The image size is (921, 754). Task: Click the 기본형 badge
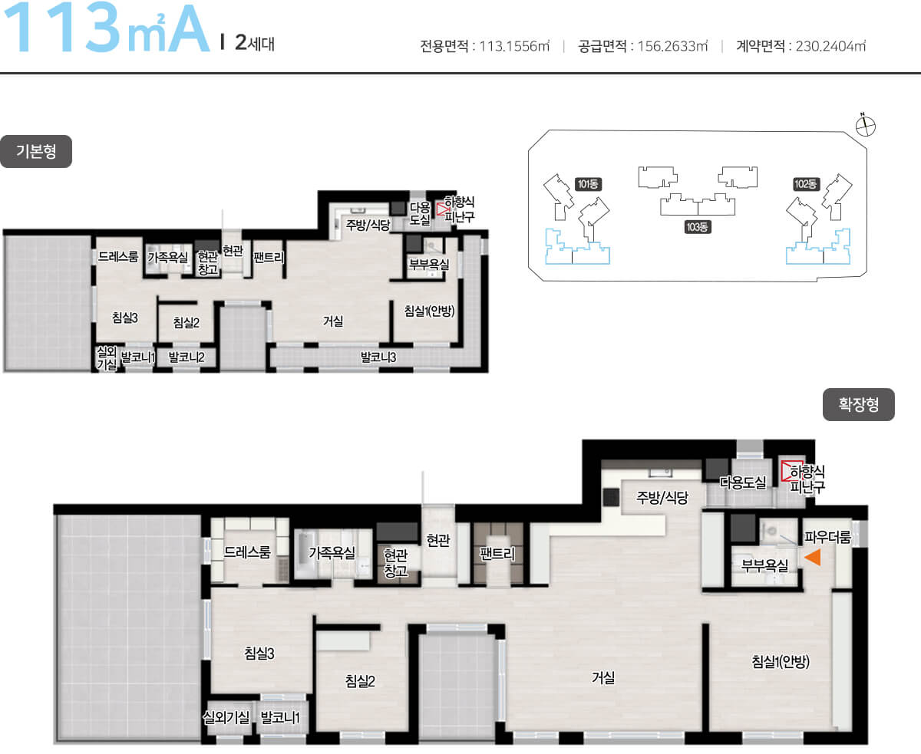(36, 151)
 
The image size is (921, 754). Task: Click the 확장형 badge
(859, 404)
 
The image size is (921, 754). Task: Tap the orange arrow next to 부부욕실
(813, 557)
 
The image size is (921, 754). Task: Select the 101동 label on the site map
(588, 184)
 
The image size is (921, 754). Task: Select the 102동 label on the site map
(806, 184)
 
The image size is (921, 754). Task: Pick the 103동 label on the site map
(698, 227)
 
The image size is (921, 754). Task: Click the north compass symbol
(865, 126)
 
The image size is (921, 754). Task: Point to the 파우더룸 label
(827, 537)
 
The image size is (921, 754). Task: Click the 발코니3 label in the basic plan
(378, 357)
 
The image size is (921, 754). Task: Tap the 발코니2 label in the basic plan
(187, 357)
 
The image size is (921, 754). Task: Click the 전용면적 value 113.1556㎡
(514, 46)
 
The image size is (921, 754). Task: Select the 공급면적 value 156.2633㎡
(672, 46)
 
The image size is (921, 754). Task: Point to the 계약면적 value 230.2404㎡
(830, 46)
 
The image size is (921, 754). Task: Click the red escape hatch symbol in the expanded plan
(791, 471)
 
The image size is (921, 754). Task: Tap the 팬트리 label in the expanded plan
(497, 554)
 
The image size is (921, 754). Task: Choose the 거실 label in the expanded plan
(603, 677)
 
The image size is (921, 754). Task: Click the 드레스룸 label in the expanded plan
(247, 552)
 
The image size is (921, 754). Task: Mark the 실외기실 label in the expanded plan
(226, 717)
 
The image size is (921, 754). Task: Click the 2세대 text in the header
(255, 43)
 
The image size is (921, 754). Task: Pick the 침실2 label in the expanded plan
(360, 681)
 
